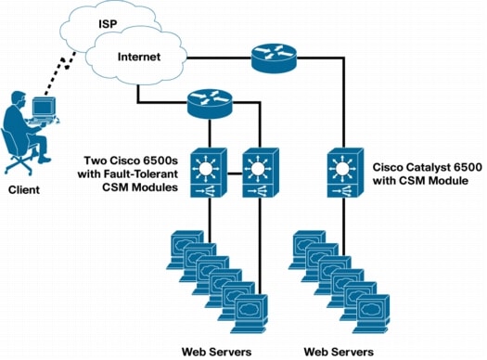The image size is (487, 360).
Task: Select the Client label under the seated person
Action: tap(24, 189)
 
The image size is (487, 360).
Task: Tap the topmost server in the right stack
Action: tap(309, 244)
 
